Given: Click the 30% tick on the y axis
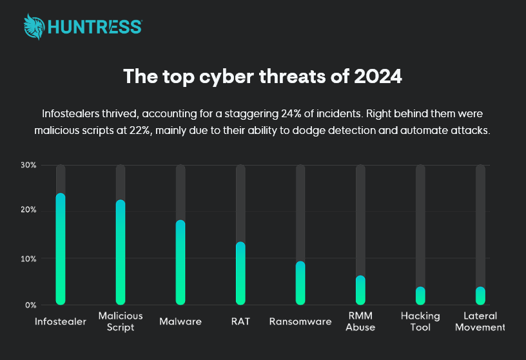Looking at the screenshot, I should pos(29,166).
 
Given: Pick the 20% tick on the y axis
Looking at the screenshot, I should pos(29,211).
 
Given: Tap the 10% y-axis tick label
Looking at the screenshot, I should pos(29,259).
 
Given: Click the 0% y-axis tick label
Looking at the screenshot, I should pos(31,305).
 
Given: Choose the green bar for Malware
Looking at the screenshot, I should pos(180,262).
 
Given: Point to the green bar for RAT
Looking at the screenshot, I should pos(240,273).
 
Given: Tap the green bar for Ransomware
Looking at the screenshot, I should pos(300,283).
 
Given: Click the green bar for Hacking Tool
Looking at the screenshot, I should pos(420,296).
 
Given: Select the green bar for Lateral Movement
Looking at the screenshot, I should pos(480,296).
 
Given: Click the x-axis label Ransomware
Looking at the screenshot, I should pos(300,321).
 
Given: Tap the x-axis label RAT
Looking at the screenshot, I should pos(240,321).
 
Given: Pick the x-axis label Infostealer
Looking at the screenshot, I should pos(61,321).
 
